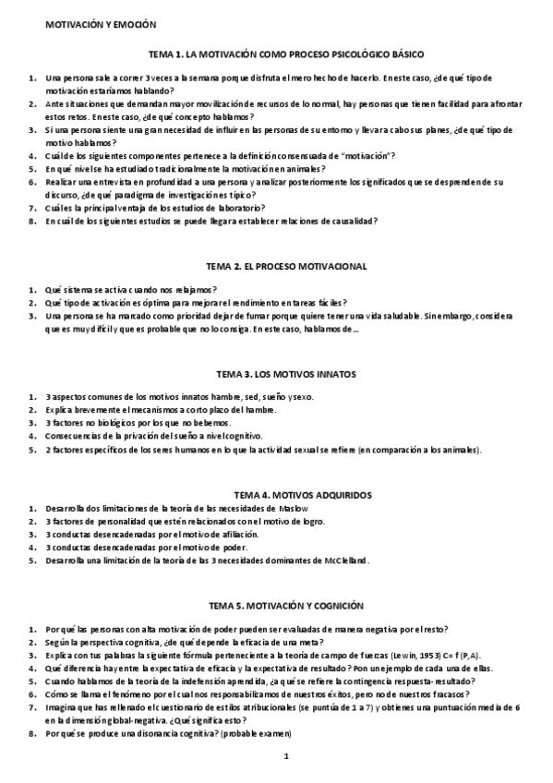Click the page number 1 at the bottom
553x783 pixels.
tap(287, 757)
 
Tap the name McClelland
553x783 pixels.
tap(343, 560)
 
